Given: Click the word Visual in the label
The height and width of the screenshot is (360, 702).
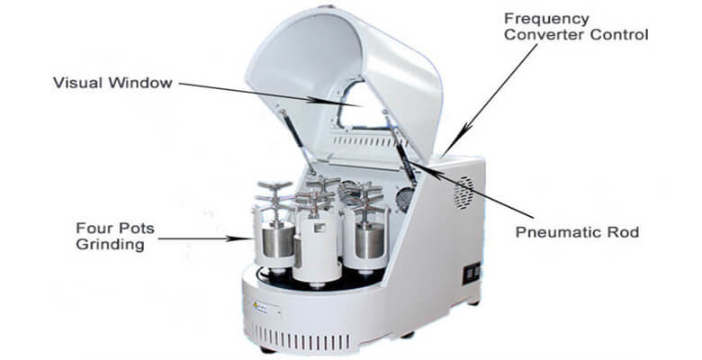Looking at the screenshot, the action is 78,83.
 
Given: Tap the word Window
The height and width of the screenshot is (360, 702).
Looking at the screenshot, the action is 140,83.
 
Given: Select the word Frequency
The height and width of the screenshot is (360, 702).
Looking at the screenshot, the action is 546,20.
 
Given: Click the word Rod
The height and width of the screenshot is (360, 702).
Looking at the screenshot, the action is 623,232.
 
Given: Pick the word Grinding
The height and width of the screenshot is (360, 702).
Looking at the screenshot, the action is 110,245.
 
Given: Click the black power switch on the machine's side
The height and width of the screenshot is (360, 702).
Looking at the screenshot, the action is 472,273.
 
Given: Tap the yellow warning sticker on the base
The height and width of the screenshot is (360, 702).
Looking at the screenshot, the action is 256,305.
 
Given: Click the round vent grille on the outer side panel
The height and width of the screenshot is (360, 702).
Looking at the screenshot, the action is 463,193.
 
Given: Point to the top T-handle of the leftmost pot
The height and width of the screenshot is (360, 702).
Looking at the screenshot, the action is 274,187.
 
